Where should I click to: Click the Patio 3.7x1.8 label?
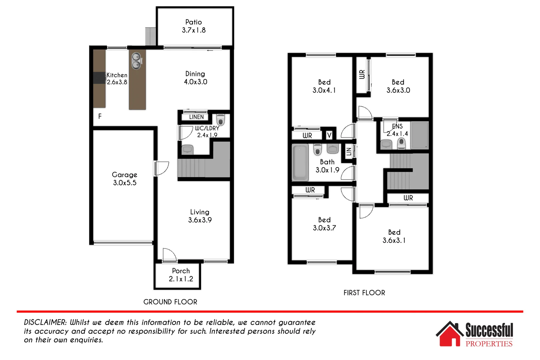coord(194,26)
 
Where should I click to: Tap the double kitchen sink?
coord(136,61)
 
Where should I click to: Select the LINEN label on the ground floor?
coord(196,117)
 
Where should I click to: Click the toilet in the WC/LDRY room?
coord(220,120)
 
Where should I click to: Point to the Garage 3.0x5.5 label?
coord(125,179)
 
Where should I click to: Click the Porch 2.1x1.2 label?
coord(181,275)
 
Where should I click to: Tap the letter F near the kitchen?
coord(100,116)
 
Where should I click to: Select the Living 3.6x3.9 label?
coord(200,216)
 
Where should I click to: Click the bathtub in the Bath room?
coord(300,162)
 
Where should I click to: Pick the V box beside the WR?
coord(329,135)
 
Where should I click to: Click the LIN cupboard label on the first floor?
coord(349,152)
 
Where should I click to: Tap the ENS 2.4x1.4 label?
coord(397,130)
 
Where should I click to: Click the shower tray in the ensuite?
coord(419,135)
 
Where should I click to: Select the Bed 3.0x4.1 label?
coord(324,86)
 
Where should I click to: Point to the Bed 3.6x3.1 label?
coord(394,236)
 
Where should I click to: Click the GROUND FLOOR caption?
coord(170,302)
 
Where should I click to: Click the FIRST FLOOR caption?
coord(364,293)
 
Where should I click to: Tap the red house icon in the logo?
coord(449,335)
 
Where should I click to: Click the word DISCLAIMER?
coord(45,322)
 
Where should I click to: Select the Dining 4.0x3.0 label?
coord(195,78)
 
